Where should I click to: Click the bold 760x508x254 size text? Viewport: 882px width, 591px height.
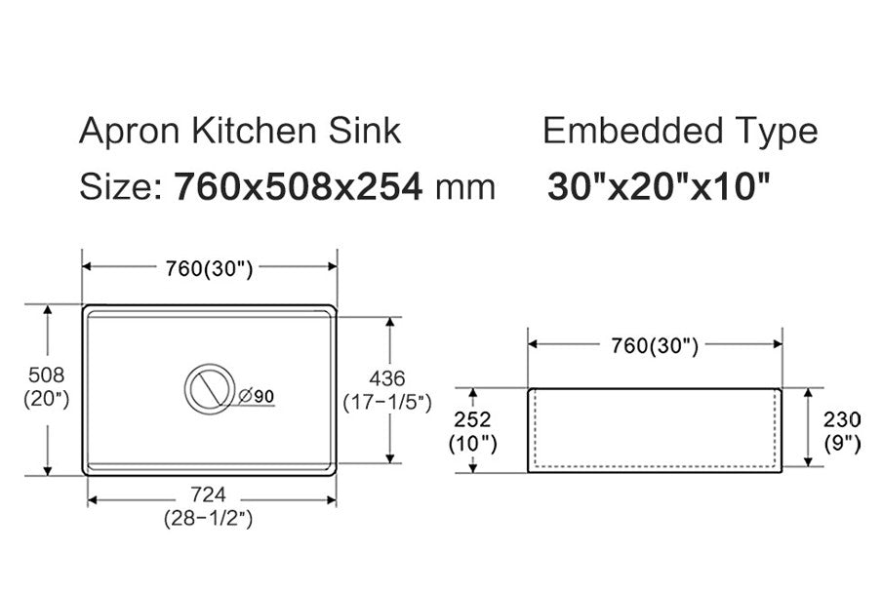[299, 186]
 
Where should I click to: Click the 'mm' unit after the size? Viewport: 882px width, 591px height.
[464, 186]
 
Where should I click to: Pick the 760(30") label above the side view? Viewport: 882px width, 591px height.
[655, 345]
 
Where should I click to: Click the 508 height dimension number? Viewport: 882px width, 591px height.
[46, 375]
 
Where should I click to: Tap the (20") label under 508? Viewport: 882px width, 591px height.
[46, 400]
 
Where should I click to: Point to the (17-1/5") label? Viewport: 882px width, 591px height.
[387, 402]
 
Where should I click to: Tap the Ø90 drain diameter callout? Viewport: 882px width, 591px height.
[257, 396]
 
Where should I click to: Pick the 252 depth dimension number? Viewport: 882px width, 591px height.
[473, 419]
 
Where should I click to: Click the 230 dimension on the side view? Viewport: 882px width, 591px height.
[841, 419]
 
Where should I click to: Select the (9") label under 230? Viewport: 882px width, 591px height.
[841, 444]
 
